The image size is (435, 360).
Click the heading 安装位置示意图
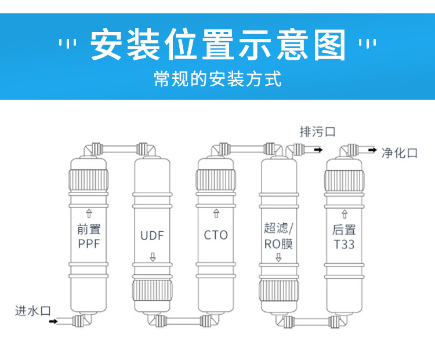click(x=217, y=45)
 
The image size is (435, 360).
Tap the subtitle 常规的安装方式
click(x=217, y=78)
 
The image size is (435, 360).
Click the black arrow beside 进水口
click(x=53, y=321)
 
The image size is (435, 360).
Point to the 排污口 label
click(x=317, y=132)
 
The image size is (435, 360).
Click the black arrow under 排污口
click(x=317, y=150)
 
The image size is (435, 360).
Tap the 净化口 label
click(x=400, y=152)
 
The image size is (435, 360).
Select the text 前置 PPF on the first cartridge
click(x=89, y=237)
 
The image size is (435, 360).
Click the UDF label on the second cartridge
click(x=152, y=235)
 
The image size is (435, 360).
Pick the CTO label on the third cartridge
click(x=216, y=235)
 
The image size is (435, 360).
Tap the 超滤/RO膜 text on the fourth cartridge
click(x=279, y=235)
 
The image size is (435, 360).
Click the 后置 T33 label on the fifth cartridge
click(x=343, y=237)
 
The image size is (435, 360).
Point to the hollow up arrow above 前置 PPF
click(x=89, y=213)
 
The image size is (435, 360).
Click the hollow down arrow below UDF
click(x=153, y=257)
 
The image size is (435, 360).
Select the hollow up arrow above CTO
click(x=216, y=214)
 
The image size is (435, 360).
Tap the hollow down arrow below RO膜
click(x=278, y=257)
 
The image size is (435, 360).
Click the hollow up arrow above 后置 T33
click(x=343, y=214)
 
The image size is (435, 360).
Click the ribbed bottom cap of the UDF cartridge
click(x=152, y=291)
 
